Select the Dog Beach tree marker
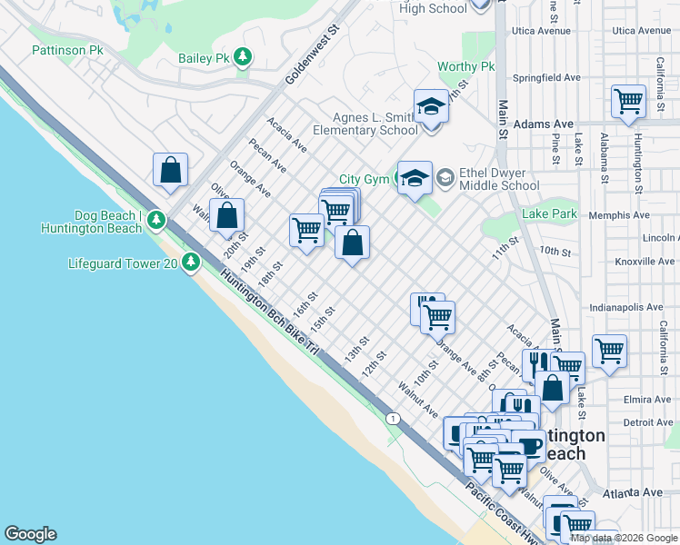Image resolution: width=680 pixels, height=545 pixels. pos(157,220)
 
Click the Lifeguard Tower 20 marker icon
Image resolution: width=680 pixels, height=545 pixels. pos(190,263)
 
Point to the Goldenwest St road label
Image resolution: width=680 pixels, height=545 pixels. pos(313,55)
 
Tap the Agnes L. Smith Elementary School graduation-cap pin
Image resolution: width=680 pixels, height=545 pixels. pos(431,108)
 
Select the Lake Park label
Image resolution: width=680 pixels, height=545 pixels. pos(549,214)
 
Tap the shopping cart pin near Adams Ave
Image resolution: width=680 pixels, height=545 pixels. pos(628,103)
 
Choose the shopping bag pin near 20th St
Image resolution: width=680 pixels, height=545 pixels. pos(227,217)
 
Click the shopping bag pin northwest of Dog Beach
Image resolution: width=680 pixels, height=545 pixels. pos(170,170)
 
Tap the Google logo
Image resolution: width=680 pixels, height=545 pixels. pos(30,534)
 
